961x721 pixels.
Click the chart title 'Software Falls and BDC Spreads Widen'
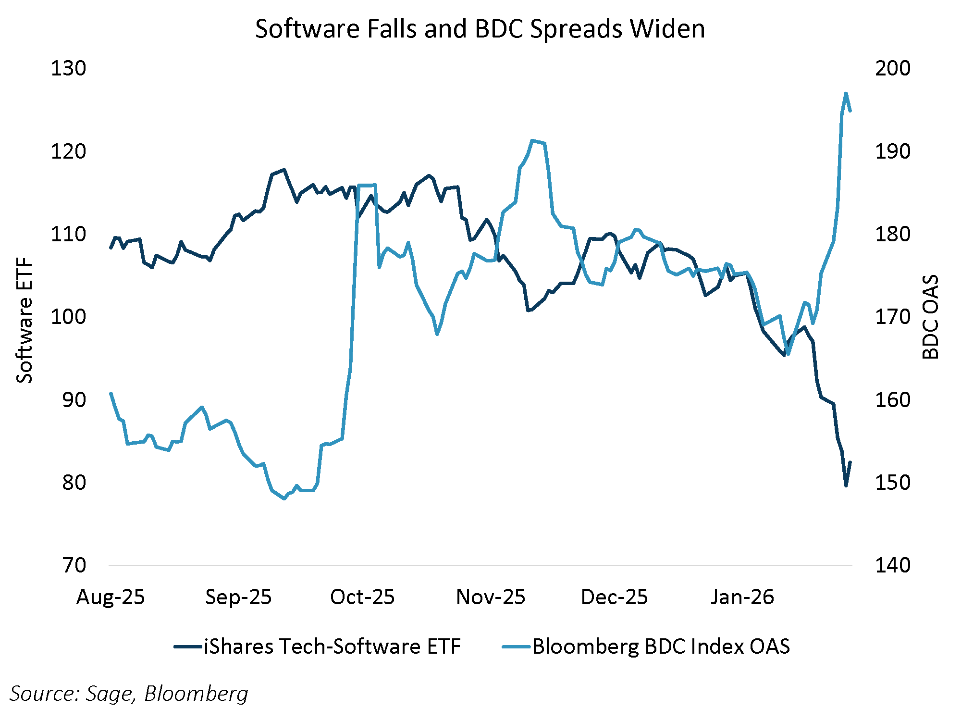[x=480, y=29]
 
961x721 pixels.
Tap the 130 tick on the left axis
[x=68, y=68]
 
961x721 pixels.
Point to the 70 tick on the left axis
[x=74, y=565]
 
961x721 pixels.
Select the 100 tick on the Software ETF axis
[x=68, y=317]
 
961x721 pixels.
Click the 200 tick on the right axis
[x=892, y=68]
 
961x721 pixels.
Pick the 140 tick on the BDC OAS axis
[x=892, y=565]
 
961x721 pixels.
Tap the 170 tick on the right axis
[x=892, y=317]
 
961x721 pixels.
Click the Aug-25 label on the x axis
[x=111, y=597]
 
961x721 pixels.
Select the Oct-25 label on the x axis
[x=362, y=597]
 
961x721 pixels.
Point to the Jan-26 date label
[x=742, y=597]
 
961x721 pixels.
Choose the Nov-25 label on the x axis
[x=491, y=597]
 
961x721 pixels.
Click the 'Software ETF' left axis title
[x=25, y=321]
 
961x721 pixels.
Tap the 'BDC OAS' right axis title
[x=931, y=317]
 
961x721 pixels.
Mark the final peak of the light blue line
[x=846, y=93]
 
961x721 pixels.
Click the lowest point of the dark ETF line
[x=846, y=485]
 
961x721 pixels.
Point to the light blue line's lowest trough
[x=284, y=499]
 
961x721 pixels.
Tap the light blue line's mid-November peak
[x=532, y=140]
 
